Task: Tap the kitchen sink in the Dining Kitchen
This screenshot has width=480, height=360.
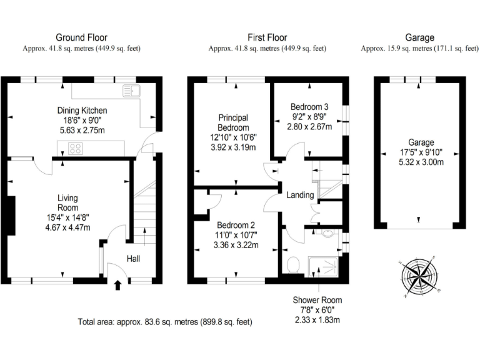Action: (x=132, y=91)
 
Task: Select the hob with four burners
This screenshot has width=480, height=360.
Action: (x=76, y=149)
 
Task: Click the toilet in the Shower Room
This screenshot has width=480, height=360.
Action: (x=294, y=265)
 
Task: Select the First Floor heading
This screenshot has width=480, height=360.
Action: (x=267, y=37)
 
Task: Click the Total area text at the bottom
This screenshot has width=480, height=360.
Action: (x=165, y=322)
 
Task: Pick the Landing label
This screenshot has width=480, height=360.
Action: (x=300, y=195)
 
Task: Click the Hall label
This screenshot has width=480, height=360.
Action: (x=134, y=258)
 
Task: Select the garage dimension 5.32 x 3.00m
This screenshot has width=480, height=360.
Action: (x=417, y=162)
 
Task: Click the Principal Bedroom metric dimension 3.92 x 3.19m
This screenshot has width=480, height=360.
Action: (x=233, y=147)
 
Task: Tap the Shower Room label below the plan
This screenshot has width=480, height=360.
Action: (x=317, y=300)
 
